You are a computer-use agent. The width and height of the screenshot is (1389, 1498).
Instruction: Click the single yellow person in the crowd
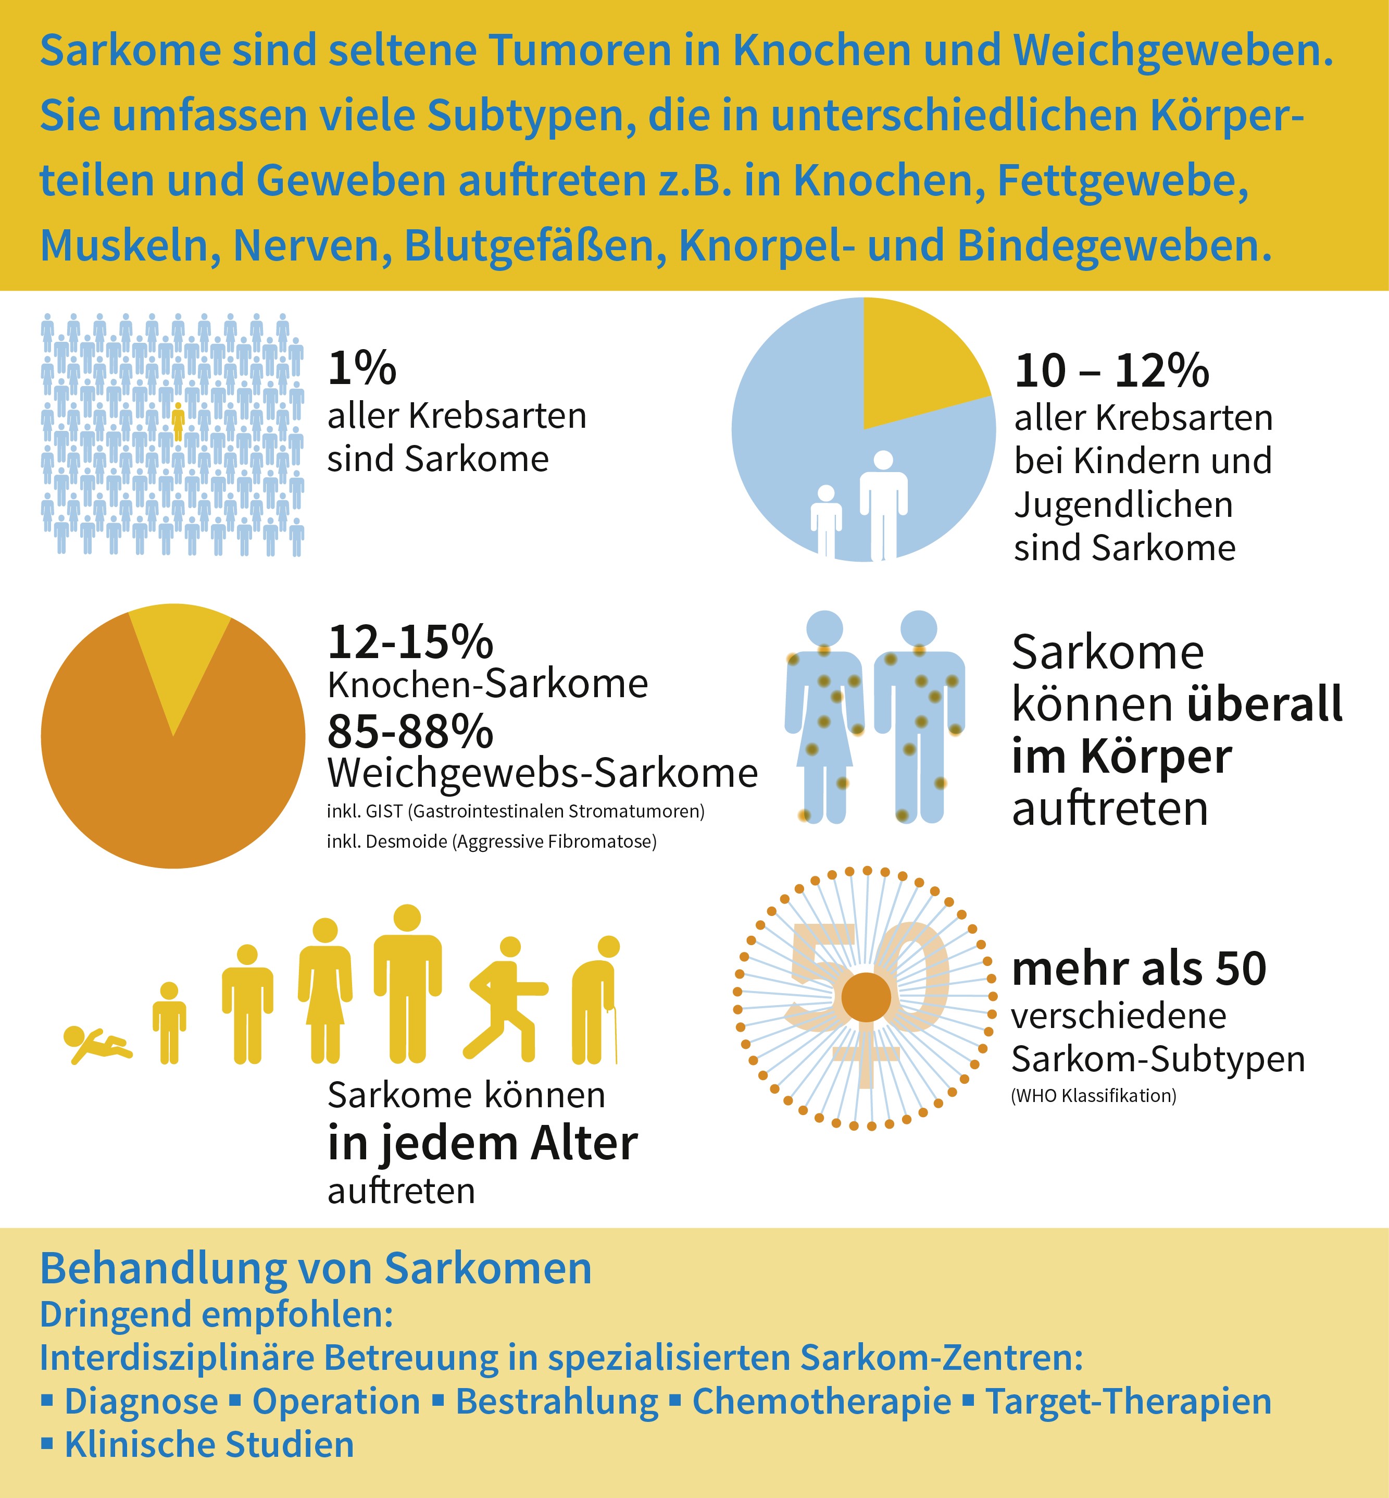pos(178,420)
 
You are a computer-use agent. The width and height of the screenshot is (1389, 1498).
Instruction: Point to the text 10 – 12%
pos(1111,372)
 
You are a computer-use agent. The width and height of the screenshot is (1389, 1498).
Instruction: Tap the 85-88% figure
pos(410,731)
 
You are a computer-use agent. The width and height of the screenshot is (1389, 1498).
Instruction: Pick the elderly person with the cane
pos(596,1000)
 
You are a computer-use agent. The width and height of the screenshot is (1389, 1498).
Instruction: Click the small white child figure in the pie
pos(826,519)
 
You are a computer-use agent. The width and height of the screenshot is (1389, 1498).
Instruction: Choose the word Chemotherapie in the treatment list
pos(821,1401)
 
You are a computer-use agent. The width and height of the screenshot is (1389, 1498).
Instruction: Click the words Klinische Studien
pos(209,1445)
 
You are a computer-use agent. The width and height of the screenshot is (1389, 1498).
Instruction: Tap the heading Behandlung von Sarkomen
pos(316,1269)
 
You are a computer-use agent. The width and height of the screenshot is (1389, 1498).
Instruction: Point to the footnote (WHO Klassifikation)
pos(1094,1096)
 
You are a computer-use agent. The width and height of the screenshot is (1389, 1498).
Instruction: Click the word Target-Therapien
pos(1128,1401)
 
